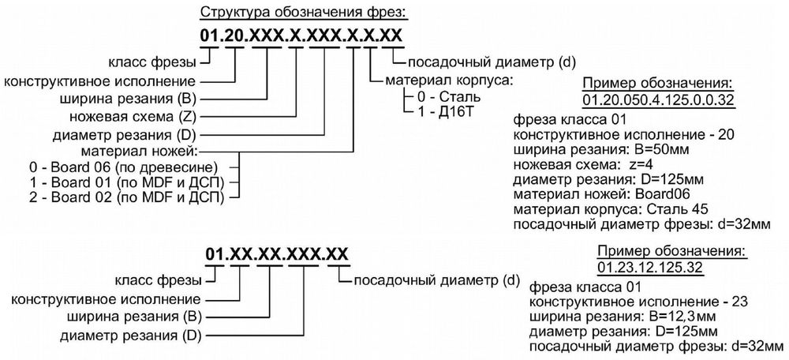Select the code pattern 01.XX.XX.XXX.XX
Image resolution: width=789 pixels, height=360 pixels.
coord(277,254)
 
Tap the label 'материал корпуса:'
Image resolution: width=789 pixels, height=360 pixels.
coord(449,80)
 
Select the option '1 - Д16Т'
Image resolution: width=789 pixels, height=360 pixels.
coord(446,111)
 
